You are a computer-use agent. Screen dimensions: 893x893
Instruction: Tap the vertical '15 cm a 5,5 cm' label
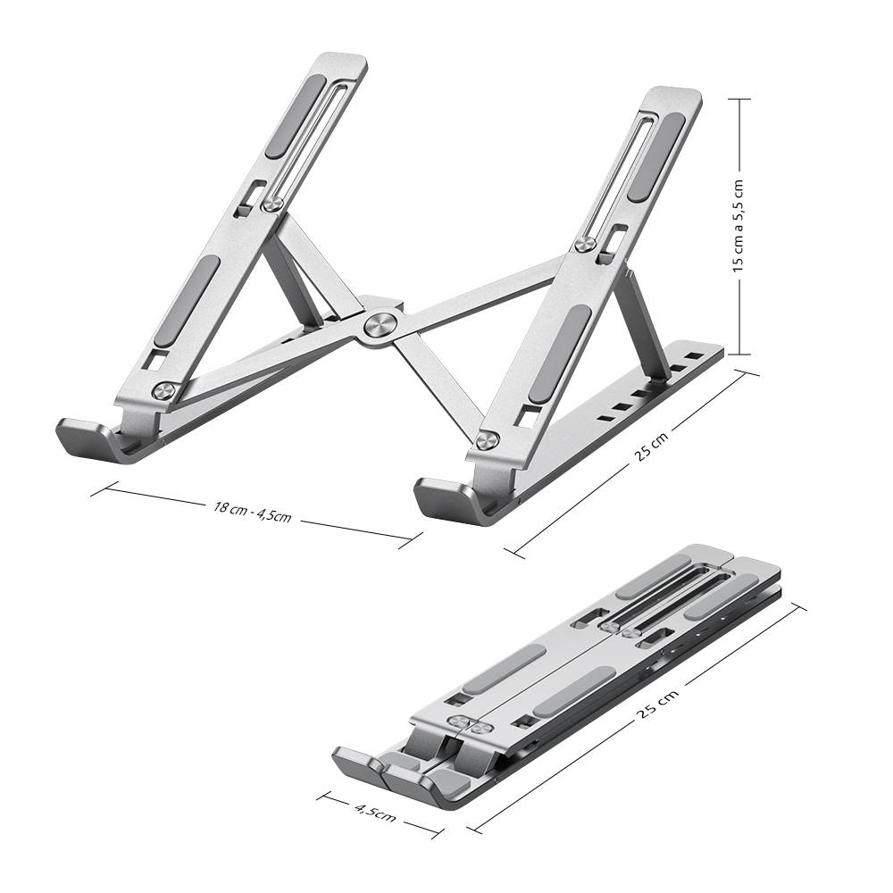click(x=738, y=226)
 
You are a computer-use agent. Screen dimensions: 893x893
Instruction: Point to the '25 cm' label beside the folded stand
click(x=656, y=706)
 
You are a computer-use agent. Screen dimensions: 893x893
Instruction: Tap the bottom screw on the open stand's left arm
click(x=163, y=391)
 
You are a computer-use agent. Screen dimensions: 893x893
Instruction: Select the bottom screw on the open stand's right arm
click(x=488, y=440)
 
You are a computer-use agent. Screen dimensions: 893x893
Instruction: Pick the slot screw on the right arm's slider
click(x=583, y=245)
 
